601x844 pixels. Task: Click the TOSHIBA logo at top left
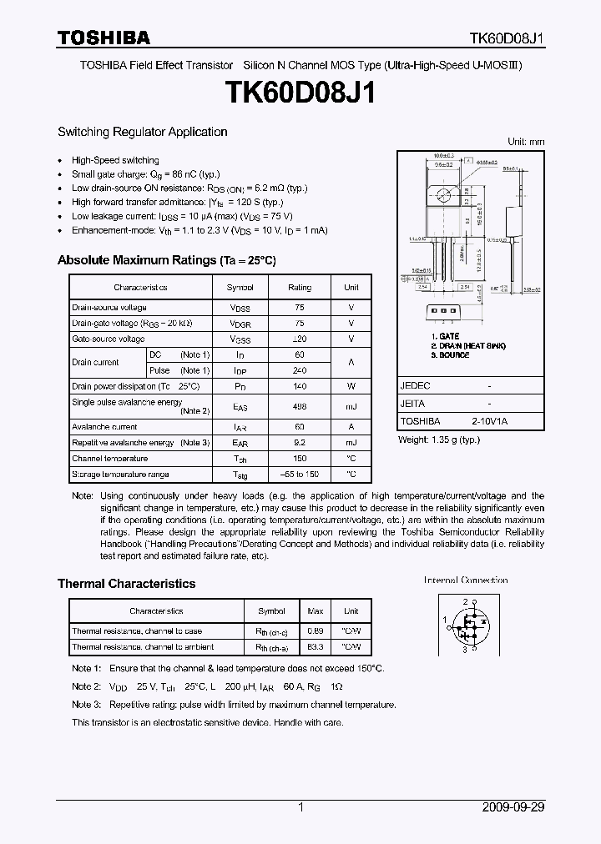[x=104, y=38]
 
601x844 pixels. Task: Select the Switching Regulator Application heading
[x=142, y=132]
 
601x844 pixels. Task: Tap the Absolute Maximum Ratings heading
[x=166, y=260]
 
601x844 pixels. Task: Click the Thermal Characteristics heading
[x=126, y=584]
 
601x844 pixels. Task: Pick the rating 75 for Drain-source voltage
[x=300, y=308]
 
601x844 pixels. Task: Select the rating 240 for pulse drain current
[x=300, y=370]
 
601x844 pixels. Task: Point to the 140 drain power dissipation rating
[x=300, y=387]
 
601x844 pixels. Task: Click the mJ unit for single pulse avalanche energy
[x=351, y=406]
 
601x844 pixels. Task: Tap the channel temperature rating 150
[x=300, y=459]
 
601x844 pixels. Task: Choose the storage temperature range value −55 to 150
[x=300, y=475]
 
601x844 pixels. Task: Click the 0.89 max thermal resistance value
[x=316, y=631]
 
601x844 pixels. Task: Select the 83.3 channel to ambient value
[x=316, y=647]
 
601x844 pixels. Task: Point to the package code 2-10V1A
[x=489, y=422]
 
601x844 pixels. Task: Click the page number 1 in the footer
[x=300, y=808]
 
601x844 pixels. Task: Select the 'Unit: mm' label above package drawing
[x=526, y=142]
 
